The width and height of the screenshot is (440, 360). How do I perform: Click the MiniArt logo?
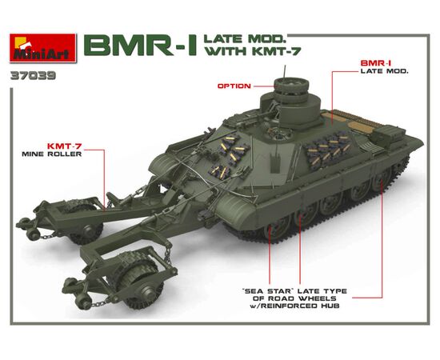point(43,48)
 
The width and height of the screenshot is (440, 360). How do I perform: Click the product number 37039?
point(33,76)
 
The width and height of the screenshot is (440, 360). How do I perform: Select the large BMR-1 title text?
point(141,46)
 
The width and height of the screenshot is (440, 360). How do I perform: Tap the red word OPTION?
point(234,86)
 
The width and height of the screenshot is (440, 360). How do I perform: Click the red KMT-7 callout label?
point(64,146)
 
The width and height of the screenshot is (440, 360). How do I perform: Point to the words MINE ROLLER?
point(52,154)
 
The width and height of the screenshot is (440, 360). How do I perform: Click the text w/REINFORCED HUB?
point(294,306)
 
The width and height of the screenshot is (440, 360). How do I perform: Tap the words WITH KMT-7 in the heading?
point(253,51)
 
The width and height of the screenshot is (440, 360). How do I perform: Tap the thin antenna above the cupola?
point(286,72)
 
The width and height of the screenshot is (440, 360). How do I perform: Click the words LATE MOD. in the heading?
point(246,38)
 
